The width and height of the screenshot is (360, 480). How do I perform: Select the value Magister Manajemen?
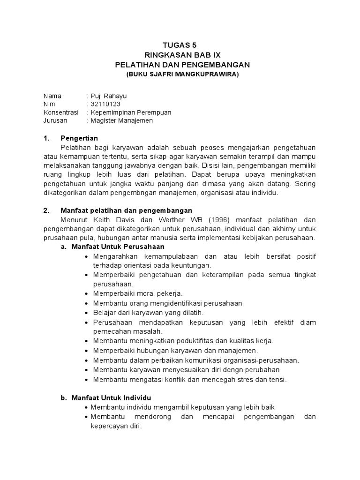[121, 120]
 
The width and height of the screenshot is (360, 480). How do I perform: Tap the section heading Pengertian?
[79, 138]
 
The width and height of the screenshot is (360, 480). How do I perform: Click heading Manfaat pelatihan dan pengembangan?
[126, 210]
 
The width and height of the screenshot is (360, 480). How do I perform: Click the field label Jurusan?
[55, 120]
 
